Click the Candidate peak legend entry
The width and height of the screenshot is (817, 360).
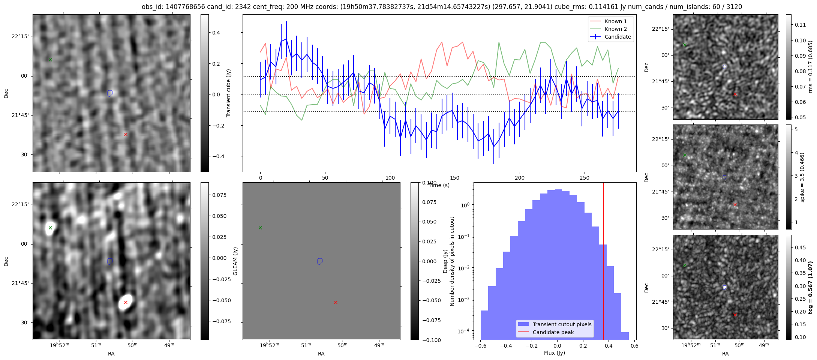(553, 332)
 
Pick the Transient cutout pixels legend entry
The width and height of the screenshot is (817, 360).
(562, 324)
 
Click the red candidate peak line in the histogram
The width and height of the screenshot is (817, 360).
(603, 262)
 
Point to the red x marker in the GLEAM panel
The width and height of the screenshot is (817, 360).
(336, 302)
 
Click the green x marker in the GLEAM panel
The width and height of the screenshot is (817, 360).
(260, 228)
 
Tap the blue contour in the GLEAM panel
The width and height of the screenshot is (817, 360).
(320, 261)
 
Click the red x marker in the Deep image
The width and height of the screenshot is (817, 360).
(126, 302)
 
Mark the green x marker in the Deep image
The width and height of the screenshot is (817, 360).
(50, 228)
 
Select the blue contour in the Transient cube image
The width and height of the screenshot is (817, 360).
(110, 93)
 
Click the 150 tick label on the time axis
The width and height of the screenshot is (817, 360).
(455, 178)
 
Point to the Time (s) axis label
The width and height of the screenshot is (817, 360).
(439, 185)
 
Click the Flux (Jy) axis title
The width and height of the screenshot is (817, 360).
(555, 353)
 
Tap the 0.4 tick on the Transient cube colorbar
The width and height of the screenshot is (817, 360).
(216, 33)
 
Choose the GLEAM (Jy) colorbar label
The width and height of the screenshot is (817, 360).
(235, 261)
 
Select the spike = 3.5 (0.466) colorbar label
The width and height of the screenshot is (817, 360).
(802, 177)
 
